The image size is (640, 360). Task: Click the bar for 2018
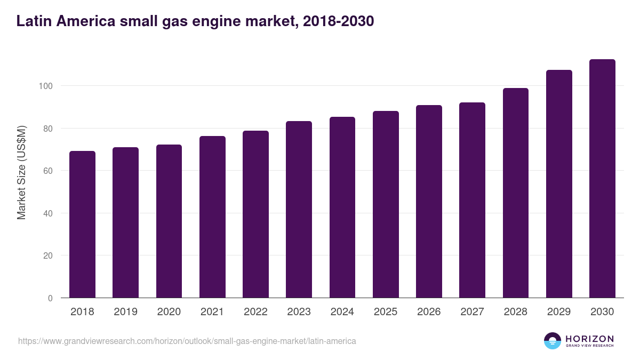click(82, 225)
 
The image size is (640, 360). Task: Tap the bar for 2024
click(342, 207)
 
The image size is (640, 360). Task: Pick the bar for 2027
click(472, 200)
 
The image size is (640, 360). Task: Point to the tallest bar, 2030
click(602, 179)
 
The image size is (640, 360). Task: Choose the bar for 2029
click(559, 184)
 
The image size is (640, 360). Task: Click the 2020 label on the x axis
click(169, 312)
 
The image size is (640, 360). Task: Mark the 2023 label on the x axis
click(299, 312)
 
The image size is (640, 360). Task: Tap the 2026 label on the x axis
click(429, 312)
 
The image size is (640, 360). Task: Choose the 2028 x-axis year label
click(516, 312)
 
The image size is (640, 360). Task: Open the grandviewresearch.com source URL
click(187, 341)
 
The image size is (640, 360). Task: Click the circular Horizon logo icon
click(553, 341)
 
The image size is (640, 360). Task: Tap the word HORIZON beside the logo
click(589, 339)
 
